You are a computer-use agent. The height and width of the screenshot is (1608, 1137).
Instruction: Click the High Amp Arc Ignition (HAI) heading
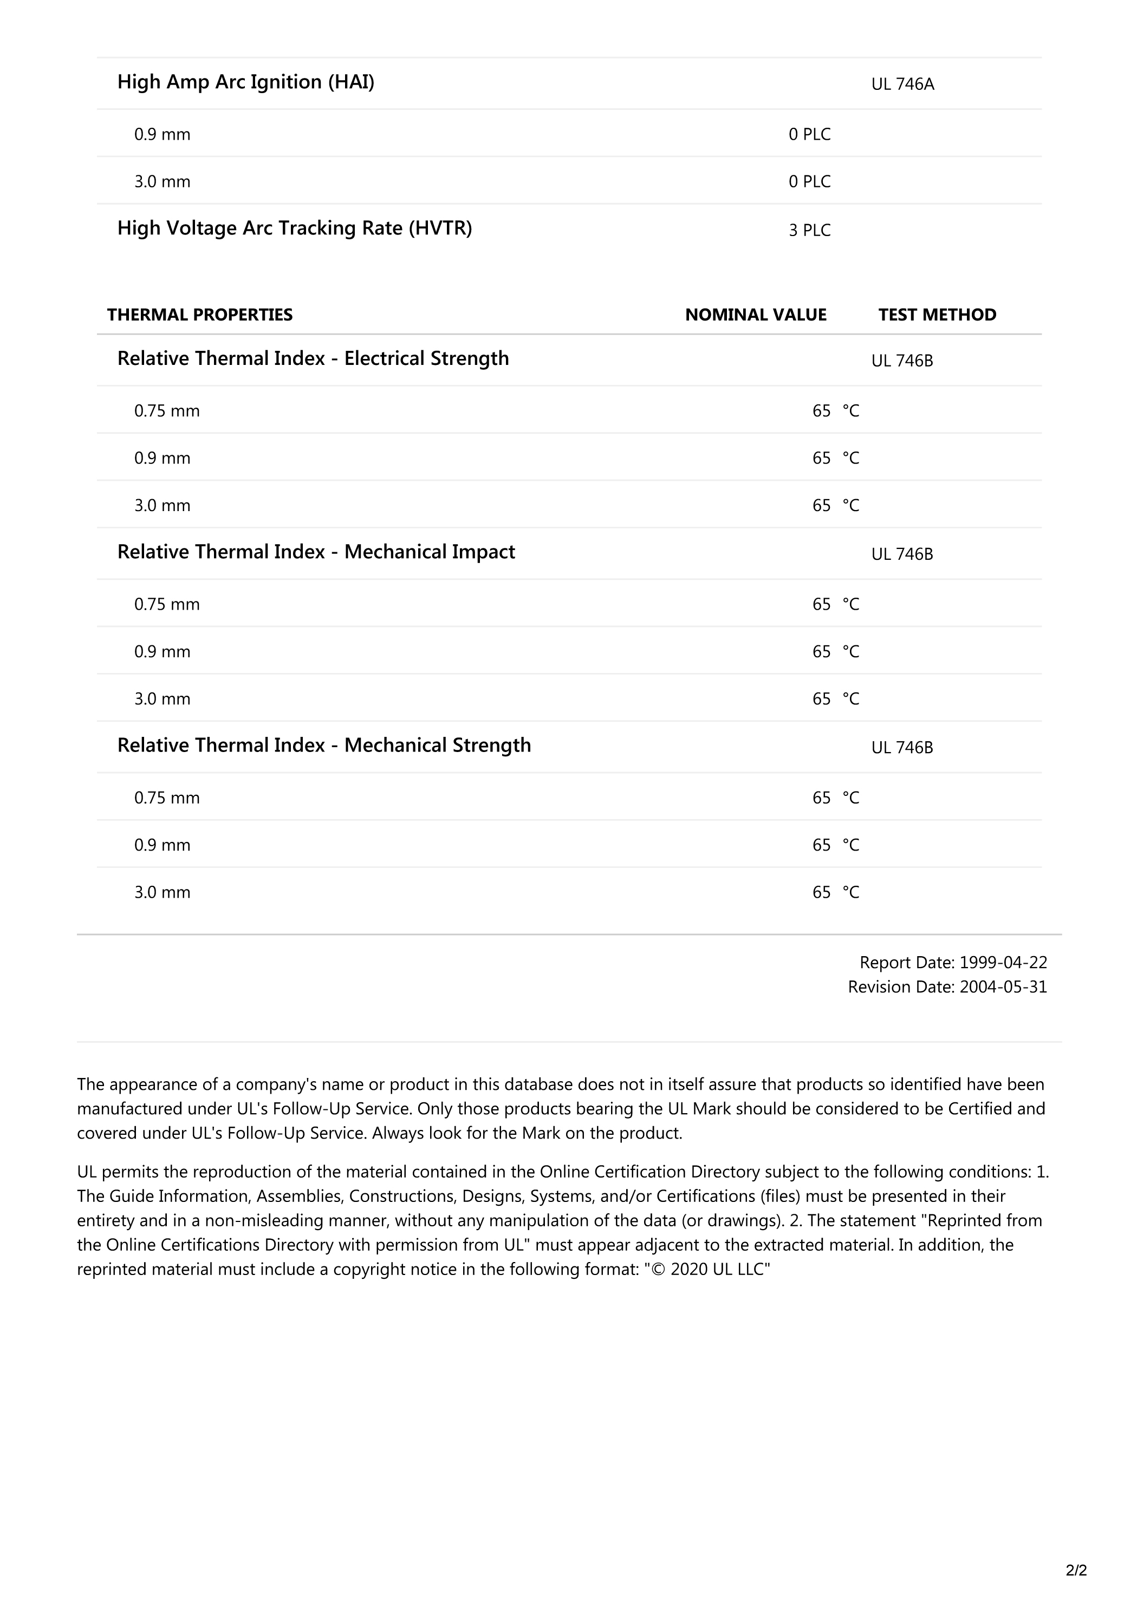[x=245, y=82]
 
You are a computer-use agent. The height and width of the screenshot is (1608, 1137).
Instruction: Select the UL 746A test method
[x=902, y=84]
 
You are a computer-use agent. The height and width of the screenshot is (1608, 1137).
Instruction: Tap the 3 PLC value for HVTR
[x=809, y=231]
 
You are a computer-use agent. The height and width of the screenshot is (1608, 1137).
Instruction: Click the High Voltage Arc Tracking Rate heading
[x=294, y=228]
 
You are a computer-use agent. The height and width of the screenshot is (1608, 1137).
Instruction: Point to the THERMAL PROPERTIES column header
[x=200, y=315]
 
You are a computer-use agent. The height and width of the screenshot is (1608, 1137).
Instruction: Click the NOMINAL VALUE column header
[x=755, y=315]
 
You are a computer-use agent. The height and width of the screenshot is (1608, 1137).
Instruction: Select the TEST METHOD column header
[x=937, y=315]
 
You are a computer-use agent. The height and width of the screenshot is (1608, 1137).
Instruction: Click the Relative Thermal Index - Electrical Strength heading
[x=313, y=358]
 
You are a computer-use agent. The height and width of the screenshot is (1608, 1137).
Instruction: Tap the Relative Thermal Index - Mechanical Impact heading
[x=315, y=552]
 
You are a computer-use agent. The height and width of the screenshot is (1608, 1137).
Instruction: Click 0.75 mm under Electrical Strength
[x=167, y=411]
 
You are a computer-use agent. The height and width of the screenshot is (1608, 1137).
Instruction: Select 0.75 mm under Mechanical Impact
[x=167, y=604]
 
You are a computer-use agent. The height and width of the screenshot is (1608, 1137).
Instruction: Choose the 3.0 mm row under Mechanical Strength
[x=162, y=892]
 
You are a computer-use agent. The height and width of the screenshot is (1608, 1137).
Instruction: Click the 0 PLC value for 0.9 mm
[x=809, y=134]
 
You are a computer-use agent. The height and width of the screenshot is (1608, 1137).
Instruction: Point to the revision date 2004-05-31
[x=1003, y=987]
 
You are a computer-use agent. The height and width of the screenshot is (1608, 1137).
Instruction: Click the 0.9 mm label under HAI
[x=162, y=134]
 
